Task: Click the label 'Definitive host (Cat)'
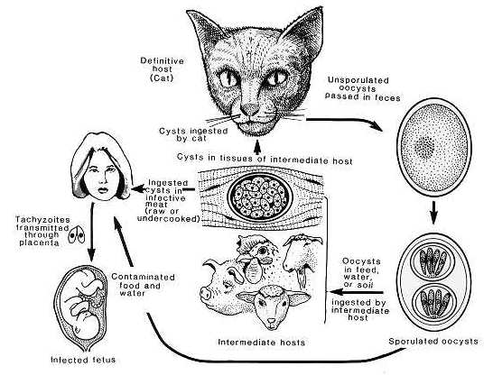tap(162, 69)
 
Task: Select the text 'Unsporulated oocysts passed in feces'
tap(362, 89)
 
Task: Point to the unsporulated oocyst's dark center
tap(426, 146)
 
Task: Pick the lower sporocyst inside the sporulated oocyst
tap(433, 302)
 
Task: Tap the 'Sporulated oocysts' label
tap(433, 341)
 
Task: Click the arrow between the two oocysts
tap(434, 212)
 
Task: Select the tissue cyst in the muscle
tap(260, 197)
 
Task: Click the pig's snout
tap(206, 294)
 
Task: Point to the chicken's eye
tap(262, 250)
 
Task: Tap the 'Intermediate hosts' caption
tap(261, 342)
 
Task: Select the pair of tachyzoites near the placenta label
tap(77, 234)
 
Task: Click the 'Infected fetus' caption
tap(83, 360)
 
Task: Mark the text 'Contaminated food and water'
tap(143, 285)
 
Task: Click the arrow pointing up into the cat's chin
tap(257, 145)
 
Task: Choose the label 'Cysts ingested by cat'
tap(193, 134)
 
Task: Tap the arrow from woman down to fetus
tap(92, 233)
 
